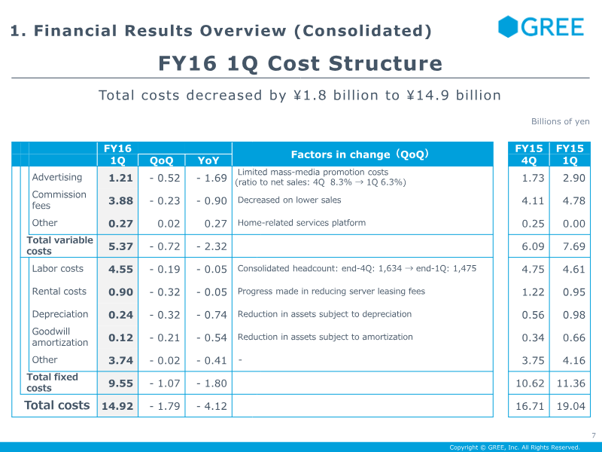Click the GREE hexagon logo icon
click(x=508, y=26)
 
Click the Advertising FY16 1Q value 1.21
click(x=120, y=178)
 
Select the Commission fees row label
click(x=59, y=200)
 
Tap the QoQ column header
click(x=161, y=160)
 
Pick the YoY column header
click(x=208, y=160)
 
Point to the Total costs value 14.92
click(x=117, y=406)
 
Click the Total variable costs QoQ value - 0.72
click(x=165, y=246)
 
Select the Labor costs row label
click(x=58, y=268)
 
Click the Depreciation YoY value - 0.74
click(x=211, y=315)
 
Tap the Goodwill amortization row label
click(x=60, y=337)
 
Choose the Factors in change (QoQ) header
click(x=360, y=154)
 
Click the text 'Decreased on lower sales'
click(x=289, y=200)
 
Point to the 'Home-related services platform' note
click(x=302, y=222)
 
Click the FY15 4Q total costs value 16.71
click(x=530, y=406)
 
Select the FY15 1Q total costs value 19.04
click(x=571, y=406)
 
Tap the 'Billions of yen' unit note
click(x=560, y=121)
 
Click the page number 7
click(x=594, y=435)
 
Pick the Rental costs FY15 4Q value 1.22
click(x=533, y=292)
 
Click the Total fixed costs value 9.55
click(x=120, y=383)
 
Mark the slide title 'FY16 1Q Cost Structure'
click(x=300, y=63)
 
